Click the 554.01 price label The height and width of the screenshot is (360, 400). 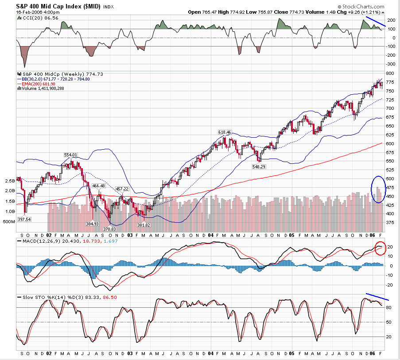click(71, 155)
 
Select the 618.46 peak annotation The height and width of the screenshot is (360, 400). click(225, 132)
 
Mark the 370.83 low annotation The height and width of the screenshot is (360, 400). click(109, 228)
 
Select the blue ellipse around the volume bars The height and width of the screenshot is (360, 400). click(378, 189)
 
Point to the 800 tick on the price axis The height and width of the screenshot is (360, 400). click(390, 73)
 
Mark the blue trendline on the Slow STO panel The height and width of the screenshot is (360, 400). click(377, 296)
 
